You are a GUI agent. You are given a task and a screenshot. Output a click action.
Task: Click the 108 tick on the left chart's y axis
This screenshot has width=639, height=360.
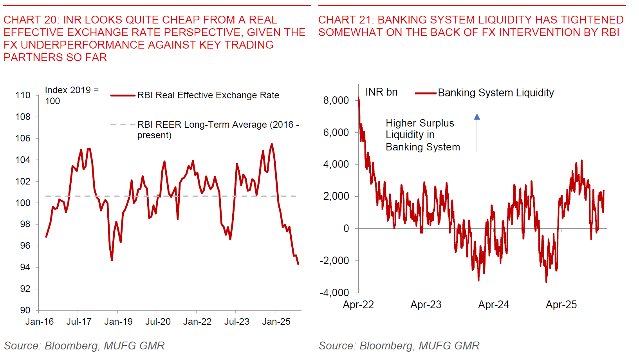(x=23, y=117)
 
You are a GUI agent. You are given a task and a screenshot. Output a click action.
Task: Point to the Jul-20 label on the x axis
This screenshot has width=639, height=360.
(x=158, y=322)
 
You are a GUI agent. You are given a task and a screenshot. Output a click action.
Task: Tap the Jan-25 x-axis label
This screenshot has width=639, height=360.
(x=276, y=322)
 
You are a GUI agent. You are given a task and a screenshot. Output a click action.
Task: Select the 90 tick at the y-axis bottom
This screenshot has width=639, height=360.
(x=25, y=310)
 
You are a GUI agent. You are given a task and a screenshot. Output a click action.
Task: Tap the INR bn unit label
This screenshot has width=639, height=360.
(x=381, y=92)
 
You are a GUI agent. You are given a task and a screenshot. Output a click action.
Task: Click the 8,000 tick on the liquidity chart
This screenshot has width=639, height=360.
(x=336, y=100)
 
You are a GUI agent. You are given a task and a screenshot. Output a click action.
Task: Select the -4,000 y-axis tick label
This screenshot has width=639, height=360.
(x=334, y=293)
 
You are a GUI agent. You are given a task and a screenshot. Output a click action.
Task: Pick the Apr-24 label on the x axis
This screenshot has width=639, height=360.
(x=493, y=305)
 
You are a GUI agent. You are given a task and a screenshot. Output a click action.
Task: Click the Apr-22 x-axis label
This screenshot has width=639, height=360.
(x=358, y=305)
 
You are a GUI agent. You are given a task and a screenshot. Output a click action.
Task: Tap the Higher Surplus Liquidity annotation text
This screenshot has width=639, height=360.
(x=422, y=135)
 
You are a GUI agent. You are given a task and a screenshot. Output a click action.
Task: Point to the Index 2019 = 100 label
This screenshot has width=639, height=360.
(x=71, y=95)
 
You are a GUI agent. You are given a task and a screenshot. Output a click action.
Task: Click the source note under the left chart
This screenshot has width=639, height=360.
(x=84, y=346)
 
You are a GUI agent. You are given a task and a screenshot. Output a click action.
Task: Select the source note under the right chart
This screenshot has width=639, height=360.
(x=399, y=346)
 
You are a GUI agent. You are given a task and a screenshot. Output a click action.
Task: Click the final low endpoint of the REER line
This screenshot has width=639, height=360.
(x=298, y=264)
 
